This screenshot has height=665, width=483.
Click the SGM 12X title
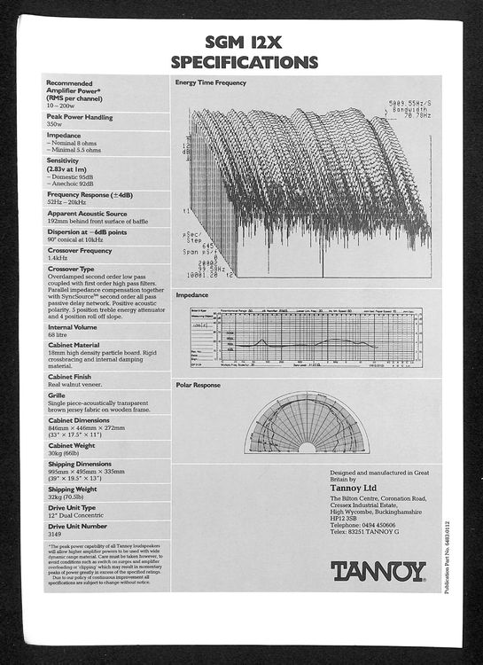[x=243, y=41]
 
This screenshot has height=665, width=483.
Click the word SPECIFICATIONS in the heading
[x=244, y=62]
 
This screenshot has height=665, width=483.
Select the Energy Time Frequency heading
[x=211, y=82]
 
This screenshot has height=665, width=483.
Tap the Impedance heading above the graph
[x=192, y=294]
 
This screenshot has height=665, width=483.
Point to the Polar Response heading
[x=198, y=385]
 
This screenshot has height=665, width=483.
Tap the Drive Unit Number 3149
[x=56, y=535]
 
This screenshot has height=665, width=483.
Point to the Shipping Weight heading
[x=73, y=489]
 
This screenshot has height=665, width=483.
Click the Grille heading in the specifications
[x=57, y=395]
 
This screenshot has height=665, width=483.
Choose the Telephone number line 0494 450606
[x=362, y=525]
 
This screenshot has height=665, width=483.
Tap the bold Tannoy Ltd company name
[x=356, y=487]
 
